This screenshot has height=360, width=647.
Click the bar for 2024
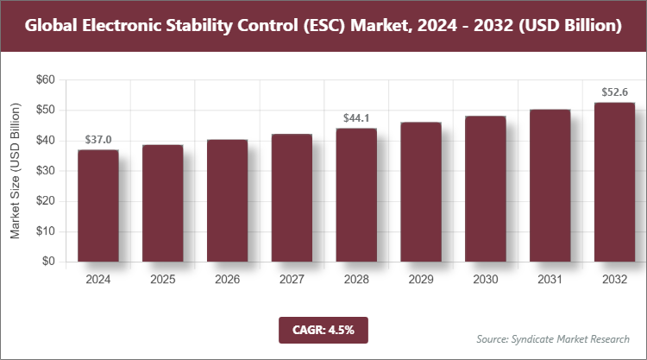point(97,205)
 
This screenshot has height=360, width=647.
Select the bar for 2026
point(227,200)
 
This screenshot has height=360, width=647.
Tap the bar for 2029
point(421,192)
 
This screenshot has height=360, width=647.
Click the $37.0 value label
point(97,140)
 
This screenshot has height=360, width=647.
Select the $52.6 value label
point(614,92)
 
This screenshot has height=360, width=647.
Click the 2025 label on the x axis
point(162,280)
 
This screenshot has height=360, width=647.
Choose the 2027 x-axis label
point(292,280)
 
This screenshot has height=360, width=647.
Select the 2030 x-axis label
point(486,280)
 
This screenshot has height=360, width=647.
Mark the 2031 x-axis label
point(550,280)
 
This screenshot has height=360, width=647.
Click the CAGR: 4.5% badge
point(323,329)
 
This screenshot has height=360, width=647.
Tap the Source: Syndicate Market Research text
point(553,338)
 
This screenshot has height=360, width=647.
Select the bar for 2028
point(356,195)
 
